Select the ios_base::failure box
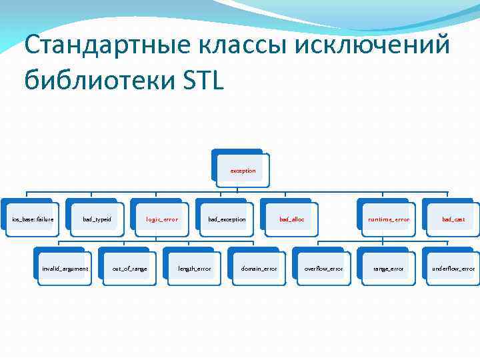click(x=33, y=219)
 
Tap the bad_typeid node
click(x=97, y=219)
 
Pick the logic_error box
click(x=162, y=219)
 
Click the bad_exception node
click(x=227, y=219)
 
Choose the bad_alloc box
click(x=291, y=219)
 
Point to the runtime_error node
click(x=389, y=219)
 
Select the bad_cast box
click(x=453, y=219)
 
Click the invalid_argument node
click(x=65, y=269)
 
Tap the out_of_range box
click(x=129, y=269)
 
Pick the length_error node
click(x=194, y=269)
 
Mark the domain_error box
click(x=259, y=269)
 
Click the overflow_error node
click(x=323, y=269)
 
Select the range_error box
click(x=388, y=269)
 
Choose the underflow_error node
click(x=453, y=269)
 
